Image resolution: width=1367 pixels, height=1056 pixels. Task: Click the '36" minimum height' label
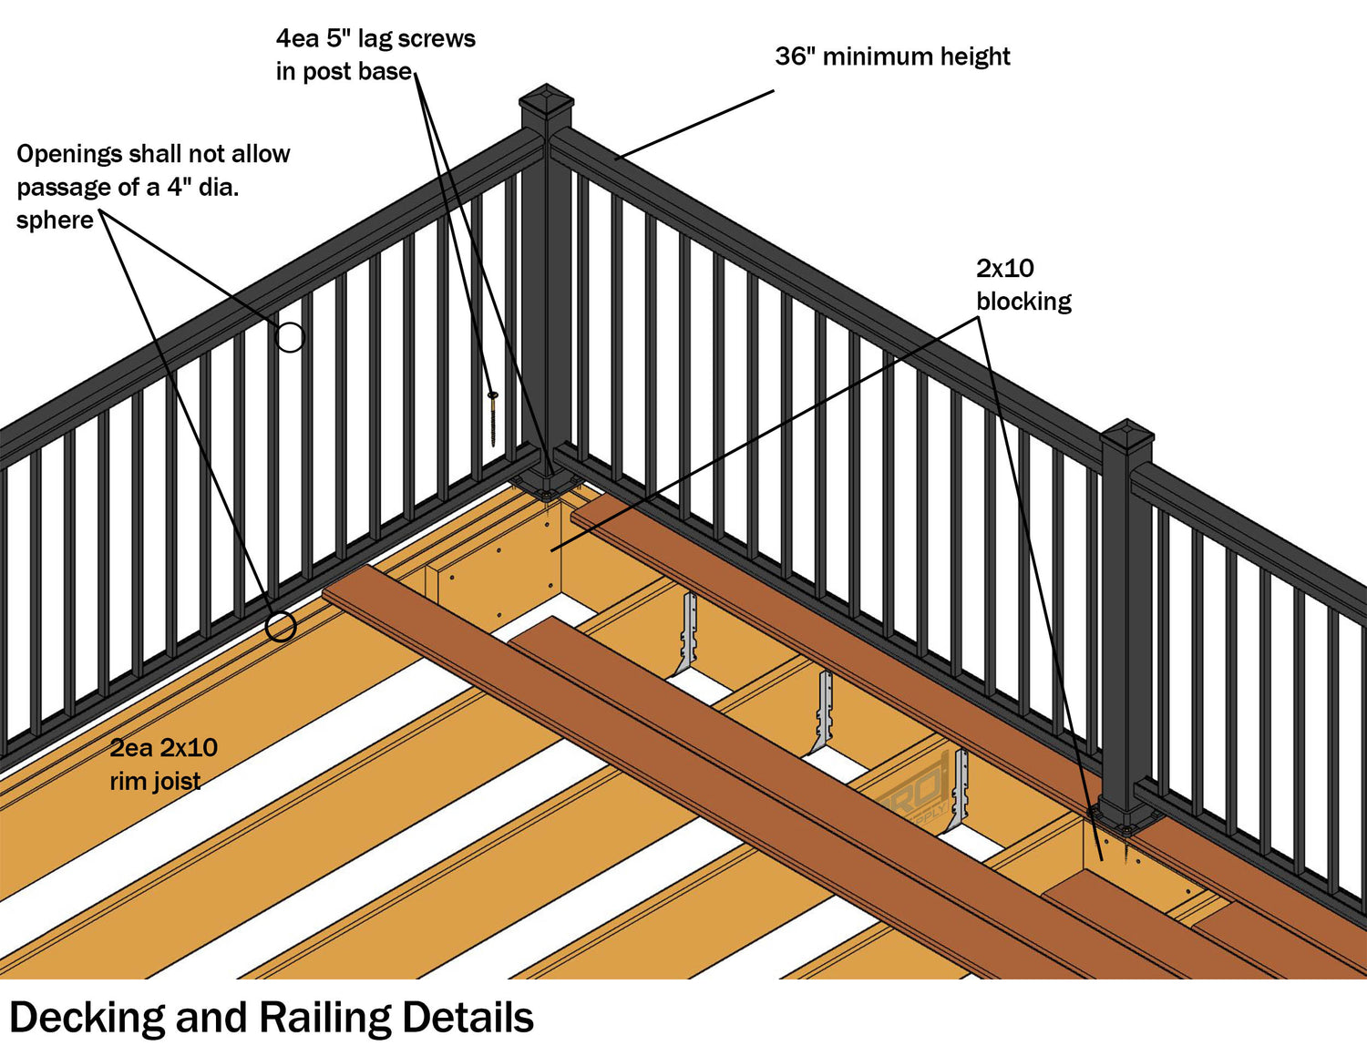(x=892, y=56)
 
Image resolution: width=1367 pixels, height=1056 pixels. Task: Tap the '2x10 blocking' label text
(x=1023, y=284)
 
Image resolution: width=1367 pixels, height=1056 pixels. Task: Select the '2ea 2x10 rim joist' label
(x=163, y=764)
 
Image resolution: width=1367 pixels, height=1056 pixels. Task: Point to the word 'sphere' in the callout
(x=55, y=220)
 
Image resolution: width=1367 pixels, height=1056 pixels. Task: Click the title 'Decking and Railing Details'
(x=271, y=1018)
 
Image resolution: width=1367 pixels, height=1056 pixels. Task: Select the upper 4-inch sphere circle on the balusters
(x=290, y=338)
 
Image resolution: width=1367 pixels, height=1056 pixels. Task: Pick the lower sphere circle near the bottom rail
(x=281, y=627)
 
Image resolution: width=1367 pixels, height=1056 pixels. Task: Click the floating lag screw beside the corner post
(x=493, y=417)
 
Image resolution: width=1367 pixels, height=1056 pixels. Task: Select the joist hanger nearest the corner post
(x=688, y=633)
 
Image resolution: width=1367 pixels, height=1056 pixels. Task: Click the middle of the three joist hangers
(x=825, y=711)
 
